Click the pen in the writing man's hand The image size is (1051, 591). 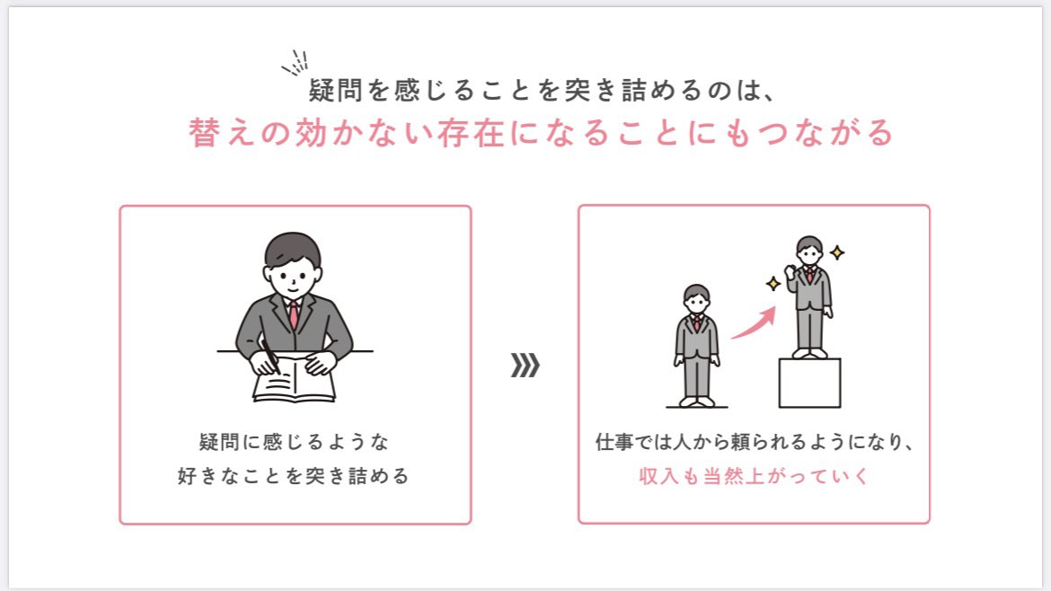270,357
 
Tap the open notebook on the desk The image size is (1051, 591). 295,381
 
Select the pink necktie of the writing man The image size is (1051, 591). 294,315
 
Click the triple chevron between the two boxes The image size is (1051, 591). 525,366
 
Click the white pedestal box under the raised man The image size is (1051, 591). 809,383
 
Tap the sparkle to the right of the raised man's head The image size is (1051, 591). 837,252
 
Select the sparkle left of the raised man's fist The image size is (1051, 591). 773,284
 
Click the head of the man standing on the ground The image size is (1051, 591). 696,299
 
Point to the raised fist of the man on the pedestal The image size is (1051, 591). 790,271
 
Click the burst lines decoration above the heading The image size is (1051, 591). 295,62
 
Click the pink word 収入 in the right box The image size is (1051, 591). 658,476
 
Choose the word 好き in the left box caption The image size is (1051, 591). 197,476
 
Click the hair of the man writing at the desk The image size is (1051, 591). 293,248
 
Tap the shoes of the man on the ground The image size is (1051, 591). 697,402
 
